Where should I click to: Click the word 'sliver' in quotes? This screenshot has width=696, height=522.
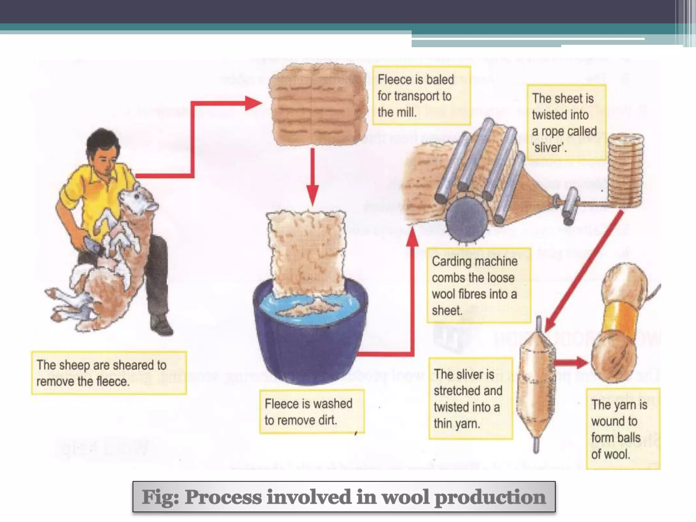[549, 147]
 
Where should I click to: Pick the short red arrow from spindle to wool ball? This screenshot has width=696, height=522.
[571, 362]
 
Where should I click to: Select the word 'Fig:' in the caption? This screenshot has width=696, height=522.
[160, 497]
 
